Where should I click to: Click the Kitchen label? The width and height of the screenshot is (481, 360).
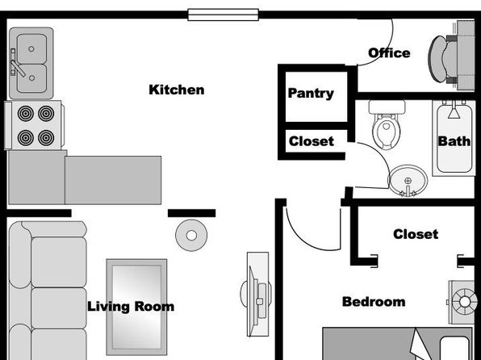click(x=177, y=90)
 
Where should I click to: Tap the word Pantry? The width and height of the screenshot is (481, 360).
click(x=311, y=94)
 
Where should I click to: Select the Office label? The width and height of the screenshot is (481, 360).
click(x=389, y=52)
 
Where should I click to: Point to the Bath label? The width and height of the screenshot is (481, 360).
click(x=454, y=141)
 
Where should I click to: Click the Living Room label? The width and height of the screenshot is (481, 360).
click(x=131, y=307)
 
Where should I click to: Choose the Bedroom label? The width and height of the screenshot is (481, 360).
click(x=374, y=302)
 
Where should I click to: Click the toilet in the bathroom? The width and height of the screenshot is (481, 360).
click(x=387, y=124)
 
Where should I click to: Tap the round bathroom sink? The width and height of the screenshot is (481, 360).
click(x=408, y=181)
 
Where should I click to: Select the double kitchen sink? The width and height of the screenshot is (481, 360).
click(x=31, y=63)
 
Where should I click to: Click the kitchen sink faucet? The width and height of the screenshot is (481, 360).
click(x=17, y=65)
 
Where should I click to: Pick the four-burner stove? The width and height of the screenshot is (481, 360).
click(x=35, y=125)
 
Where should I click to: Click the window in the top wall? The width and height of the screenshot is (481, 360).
click(x=224, y=15)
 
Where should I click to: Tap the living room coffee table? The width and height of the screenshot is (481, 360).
click(x=137, y=307)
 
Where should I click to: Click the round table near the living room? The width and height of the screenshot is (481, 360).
click(x=191, y=236)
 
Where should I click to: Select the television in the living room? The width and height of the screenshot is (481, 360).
click(x=256, y=294)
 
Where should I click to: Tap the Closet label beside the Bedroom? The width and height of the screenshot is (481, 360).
click(x=416, y=234)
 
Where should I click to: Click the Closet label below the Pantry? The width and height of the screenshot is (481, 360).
click(x=312, y=141)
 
